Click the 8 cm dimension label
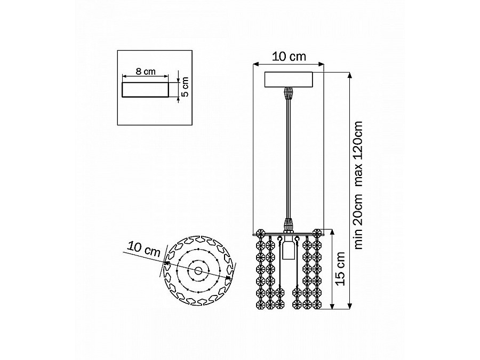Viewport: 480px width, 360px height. click(x=146, y=71)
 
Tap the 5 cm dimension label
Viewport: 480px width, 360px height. click(x=185, y=87)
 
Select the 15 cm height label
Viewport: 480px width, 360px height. click(x=340, y=268)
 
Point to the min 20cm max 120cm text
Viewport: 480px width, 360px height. click(x=358, y=185)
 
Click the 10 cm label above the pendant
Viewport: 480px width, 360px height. click(x=289, y=57)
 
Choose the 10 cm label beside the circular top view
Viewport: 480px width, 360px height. click(x=144, y=249)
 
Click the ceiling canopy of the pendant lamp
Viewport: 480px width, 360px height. click(x=289, y=80)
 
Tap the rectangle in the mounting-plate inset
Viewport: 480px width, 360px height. click(x=145, y=90)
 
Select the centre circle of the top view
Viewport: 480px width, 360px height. click(x=198, y=270)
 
